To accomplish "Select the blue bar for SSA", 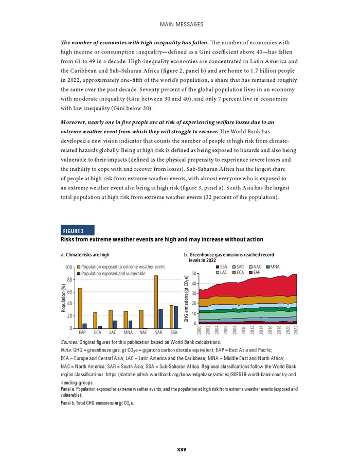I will click(x=175, y=317).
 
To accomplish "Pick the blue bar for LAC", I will click(x=115, y=324).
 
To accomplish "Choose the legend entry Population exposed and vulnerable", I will click(x=113, y=274).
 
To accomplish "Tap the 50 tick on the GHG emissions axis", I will click(x=194, y=274).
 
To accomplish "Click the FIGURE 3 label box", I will click(x=77, y=231).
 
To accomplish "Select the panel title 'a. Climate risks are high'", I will click(x=85, y=255).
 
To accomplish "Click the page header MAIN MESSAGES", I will click(x=181, y=24).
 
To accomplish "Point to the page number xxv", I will click(x=181, y=449).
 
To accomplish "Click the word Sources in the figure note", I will click(x=69, y=342).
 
